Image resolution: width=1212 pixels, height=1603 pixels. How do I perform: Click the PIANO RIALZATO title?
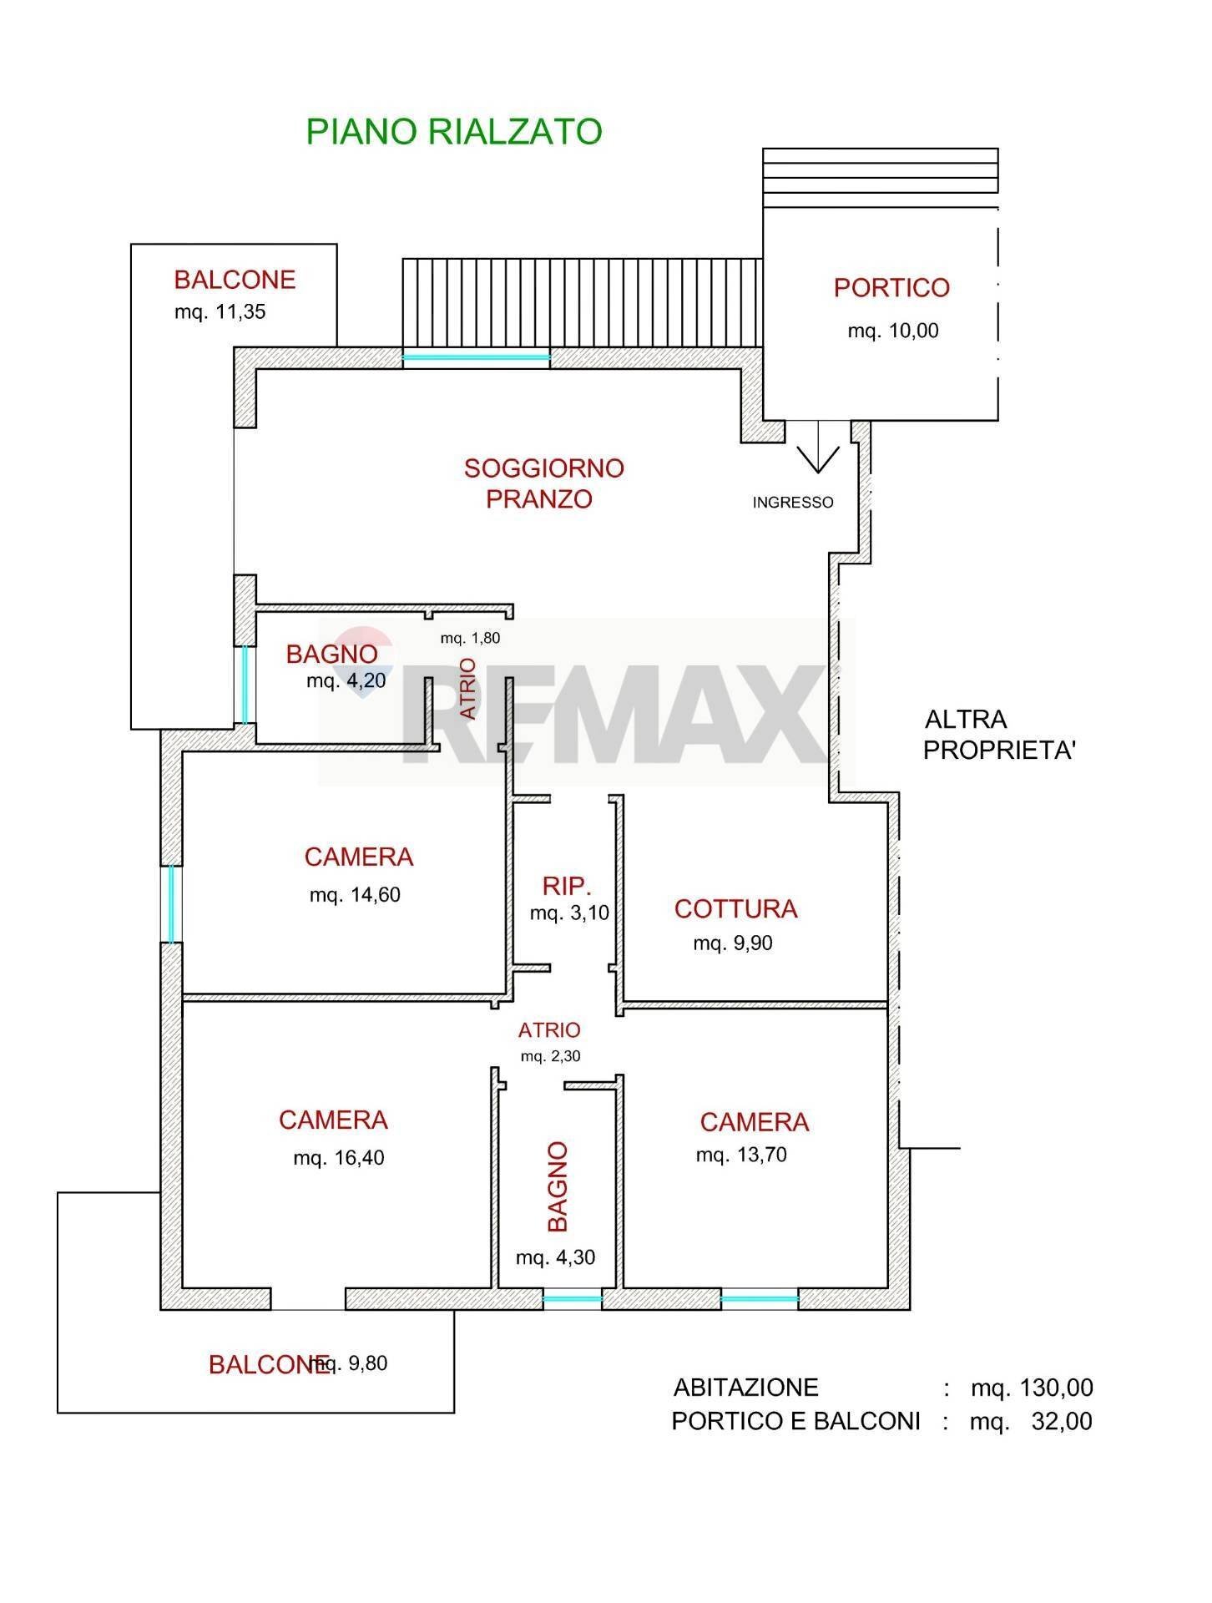pos(453,132)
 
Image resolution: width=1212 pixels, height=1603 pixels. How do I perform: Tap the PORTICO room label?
pos(891,288)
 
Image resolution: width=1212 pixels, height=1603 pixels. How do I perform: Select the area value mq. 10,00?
pos(892,331)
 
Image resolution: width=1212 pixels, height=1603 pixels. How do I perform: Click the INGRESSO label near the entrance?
pos(792,503)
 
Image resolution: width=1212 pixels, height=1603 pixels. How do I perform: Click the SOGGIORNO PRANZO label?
pos(543,483)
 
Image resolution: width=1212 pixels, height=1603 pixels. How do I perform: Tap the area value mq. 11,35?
pos(220,312)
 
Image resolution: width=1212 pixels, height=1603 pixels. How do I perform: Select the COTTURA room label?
pos(735,908)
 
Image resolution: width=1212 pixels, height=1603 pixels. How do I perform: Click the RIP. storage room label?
pos(567,886)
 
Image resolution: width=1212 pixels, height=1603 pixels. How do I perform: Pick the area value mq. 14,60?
pos(355,895)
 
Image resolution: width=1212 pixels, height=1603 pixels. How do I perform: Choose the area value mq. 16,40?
pos(338,1158)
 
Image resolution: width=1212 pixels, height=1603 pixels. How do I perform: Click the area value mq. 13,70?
pos(741,1155)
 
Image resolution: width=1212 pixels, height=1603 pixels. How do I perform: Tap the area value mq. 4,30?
pos(555,1257)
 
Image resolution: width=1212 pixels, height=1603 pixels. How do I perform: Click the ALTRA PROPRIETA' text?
pos(998,735)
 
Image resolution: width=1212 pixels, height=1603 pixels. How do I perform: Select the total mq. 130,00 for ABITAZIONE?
pos(1031,1388)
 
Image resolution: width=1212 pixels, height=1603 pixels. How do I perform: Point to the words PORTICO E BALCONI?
pos(795,1421)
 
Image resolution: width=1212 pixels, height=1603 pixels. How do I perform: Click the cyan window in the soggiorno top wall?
pos(476,358)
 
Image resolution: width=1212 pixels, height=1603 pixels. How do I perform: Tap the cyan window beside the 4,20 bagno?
pos(245,685)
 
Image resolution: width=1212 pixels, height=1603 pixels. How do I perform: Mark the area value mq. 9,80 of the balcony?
pos(351,1363)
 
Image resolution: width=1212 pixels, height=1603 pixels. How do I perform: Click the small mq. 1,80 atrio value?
pos(470,639)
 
